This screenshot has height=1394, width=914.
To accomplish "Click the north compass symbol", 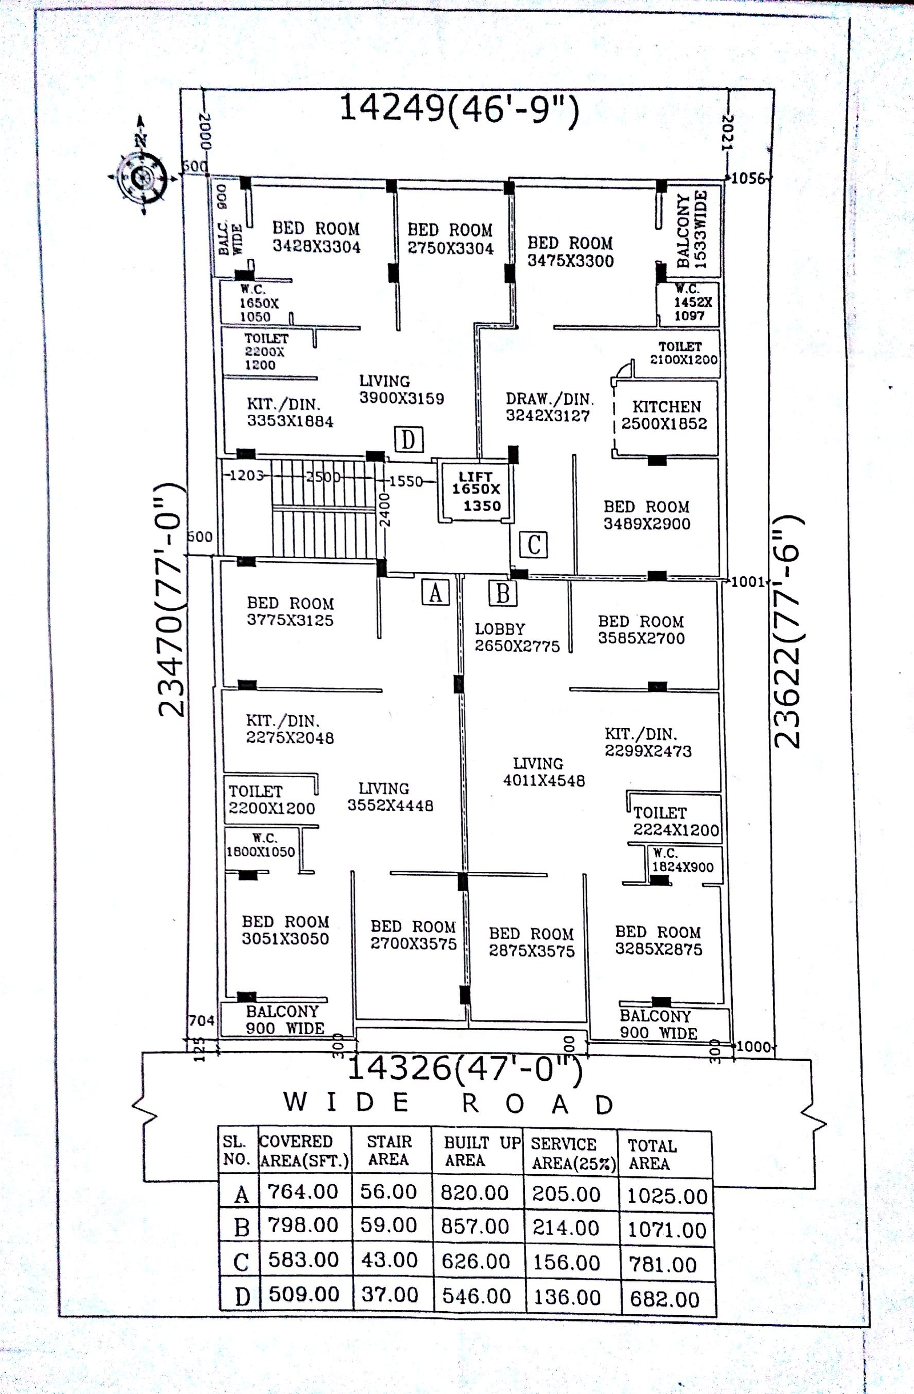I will coord(142,174).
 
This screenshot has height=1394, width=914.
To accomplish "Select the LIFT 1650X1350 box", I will coord(476,491).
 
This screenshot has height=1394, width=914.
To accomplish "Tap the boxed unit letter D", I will coord(408,439).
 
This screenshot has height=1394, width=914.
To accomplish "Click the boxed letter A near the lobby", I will coord(435,593).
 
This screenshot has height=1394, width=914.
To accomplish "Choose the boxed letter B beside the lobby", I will coord(502,593).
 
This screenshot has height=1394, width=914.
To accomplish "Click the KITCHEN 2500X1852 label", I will coord(664,415).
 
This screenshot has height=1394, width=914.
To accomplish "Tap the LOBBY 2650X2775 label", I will coord(516,637).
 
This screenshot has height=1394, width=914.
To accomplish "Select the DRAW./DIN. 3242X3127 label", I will coord(548,407).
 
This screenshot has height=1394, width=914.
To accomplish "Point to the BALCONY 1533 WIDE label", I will coord(692,229).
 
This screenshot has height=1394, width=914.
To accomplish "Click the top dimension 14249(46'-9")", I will coord(459,109).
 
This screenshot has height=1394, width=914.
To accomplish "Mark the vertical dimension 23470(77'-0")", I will coord(172,600).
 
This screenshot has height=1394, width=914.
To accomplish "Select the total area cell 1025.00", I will coord(667,1195).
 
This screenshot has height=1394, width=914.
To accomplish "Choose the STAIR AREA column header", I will coord(389,1151).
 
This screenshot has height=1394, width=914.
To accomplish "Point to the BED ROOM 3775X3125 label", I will coord(290,611).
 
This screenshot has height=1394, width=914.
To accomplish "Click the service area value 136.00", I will coord(567,1297).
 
